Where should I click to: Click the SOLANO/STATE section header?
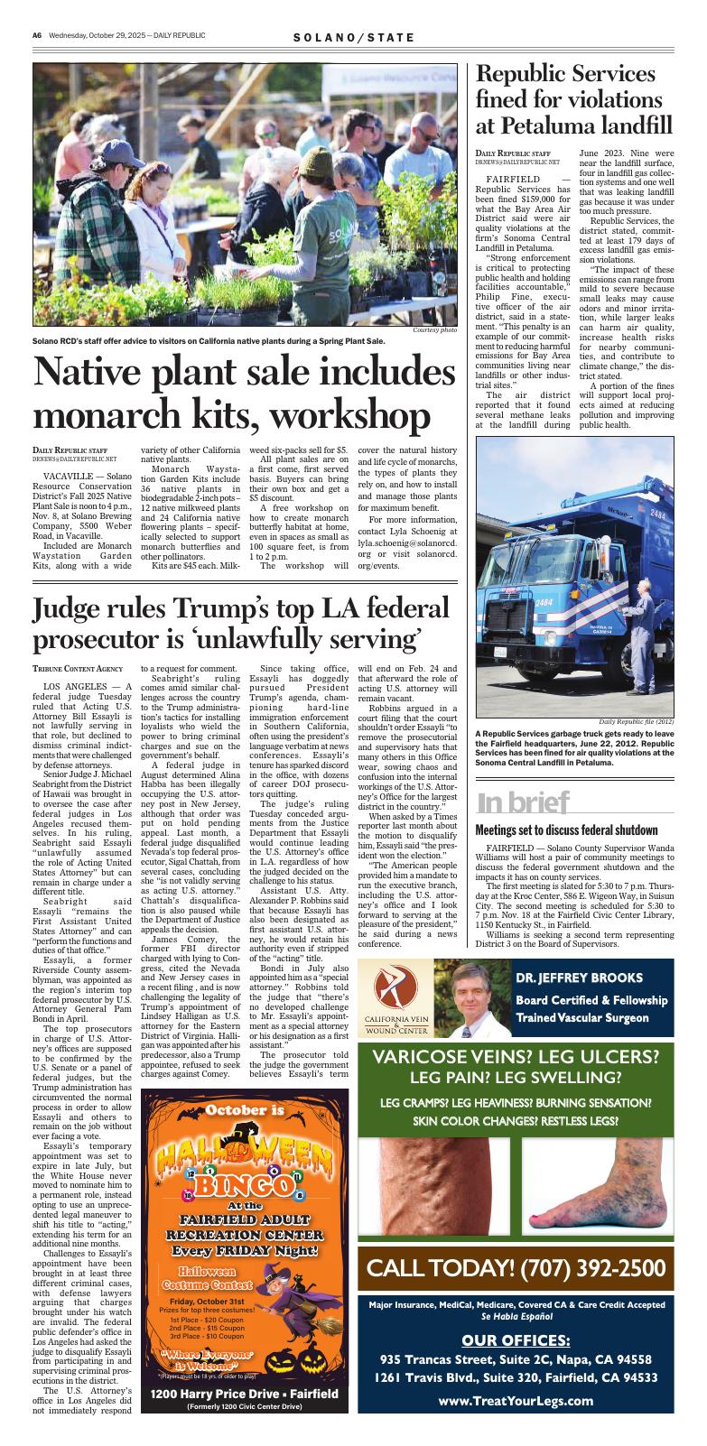point(354,37)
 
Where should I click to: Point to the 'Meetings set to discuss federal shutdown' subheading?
point(566,830)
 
